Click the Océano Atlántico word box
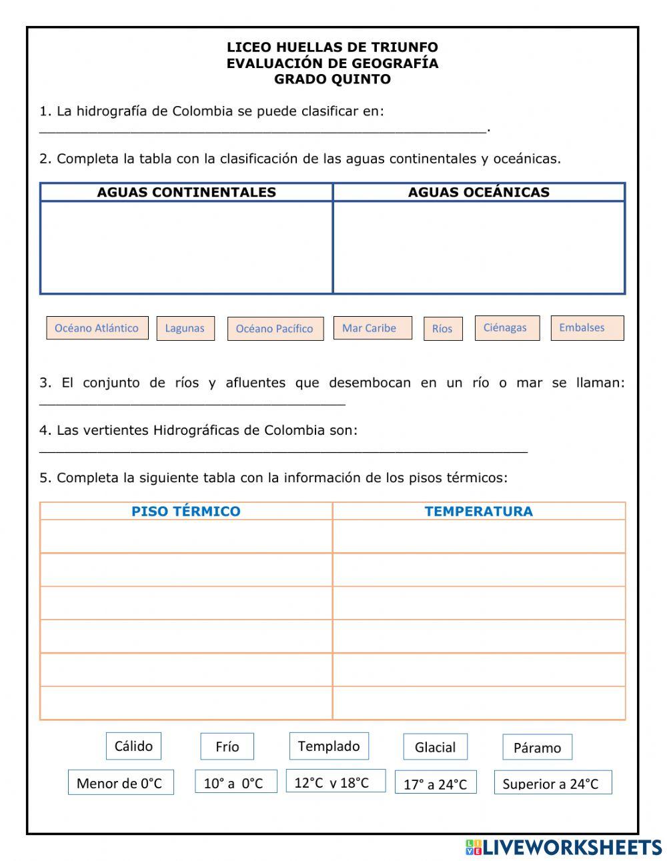click(97, 327)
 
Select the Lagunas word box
click(185, 328)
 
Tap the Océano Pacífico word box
click(275, 329)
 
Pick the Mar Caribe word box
click(372, 327)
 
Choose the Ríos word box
click(443, 328)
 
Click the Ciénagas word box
click(507, 327)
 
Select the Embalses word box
click(587, 327)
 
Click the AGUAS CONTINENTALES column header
click(186, 192)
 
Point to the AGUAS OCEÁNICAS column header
click(478, 192)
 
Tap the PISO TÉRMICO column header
click(185, 512)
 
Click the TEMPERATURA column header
click(478, 512)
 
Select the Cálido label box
click(133, 746)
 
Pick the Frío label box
click(227, 746)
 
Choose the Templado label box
click(329, 746)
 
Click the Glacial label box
click(435, 747)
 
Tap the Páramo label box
click(537, 748)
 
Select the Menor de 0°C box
click(121, 782)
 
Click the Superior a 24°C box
click(552, 783)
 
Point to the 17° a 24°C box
click(436, 783)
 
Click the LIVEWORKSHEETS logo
click(563, 847)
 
